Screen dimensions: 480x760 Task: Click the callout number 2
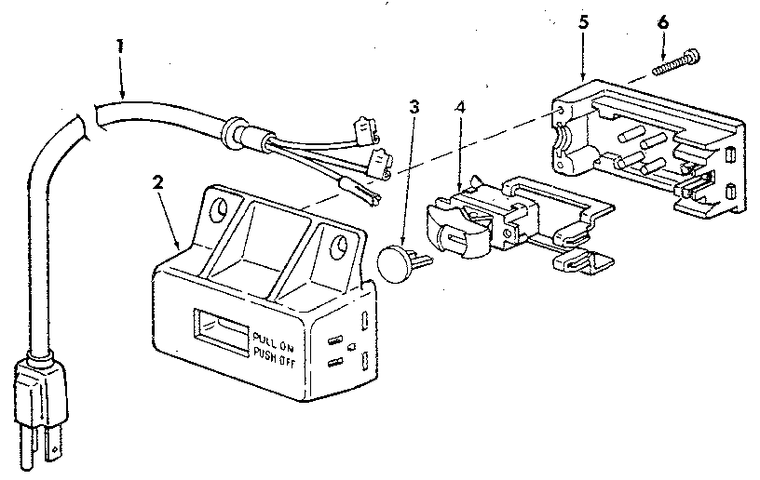[158, 181]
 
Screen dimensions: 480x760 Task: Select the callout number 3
[415, 106]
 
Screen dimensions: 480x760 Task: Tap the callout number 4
[460, 106]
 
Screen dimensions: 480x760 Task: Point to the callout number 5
[583, 22]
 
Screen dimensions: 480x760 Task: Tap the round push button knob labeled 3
[399, 262]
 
